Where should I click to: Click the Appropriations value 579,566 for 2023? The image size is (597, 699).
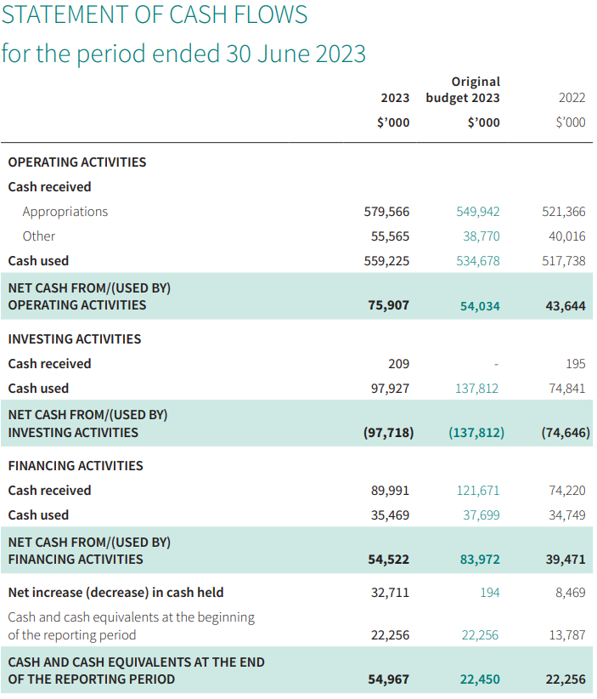[x=386, y=211]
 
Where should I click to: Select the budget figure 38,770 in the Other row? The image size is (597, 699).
[x=482, y=236]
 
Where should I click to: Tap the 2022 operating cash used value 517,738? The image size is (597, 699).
[x=564, y=261]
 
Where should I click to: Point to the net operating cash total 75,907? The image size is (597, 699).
[x=389, y=305]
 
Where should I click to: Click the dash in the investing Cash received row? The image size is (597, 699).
[x=496, y=364]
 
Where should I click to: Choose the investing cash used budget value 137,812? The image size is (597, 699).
[x=476, y=389]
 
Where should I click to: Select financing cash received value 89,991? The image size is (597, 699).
[x=390, y=491]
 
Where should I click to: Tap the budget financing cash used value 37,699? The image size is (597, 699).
[x=482, y=515]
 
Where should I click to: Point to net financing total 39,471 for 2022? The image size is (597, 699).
[x=566, y=560]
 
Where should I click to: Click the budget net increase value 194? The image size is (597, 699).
[x=490, y=593]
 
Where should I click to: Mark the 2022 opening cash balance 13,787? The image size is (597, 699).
[x=567, y=635]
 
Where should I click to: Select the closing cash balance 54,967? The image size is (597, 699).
[x=389, y=679]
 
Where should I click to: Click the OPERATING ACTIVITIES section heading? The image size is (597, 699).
[x=77, y=162]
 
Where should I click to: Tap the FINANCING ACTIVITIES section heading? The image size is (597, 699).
[x=76, y=466]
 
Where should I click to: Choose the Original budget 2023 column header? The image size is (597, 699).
[x=463, y=89]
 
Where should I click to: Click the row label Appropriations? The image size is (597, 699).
[x=65, y=212]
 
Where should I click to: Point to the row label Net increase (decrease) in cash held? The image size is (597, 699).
[x=115, y=593]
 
